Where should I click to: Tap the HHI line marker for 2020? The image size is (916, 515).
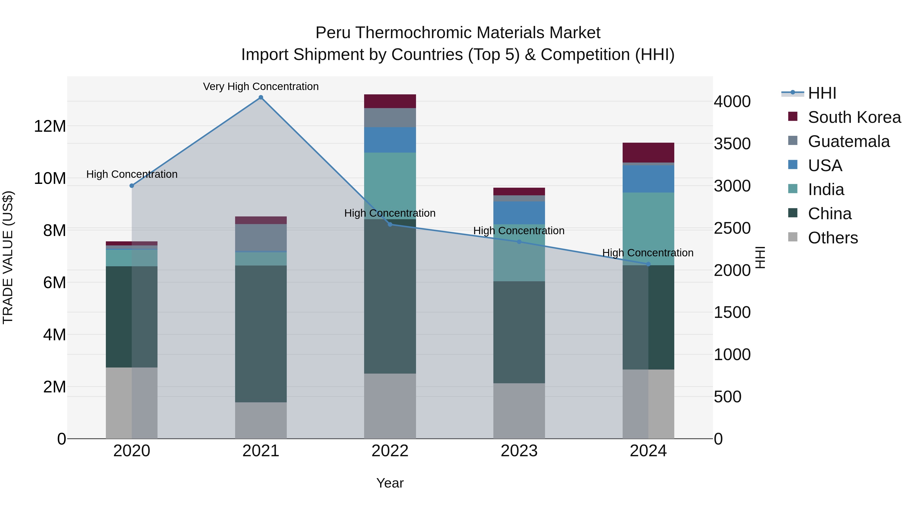tap(132, 186)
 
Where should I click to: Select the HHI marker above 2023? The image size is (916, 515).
tap(519, 242)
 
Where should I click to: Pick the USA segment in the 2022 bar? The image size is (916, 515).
tap(390, 140)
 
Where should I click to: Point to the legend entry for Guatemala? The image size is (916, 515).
tap(848, 141)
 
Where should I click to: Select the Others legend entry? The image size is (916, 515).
tap(833, 238)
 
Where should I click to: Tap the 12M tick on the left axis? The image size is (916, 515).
tap(50, 126)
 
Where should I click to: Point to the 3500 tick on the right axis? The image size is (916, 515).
tap(732, 144)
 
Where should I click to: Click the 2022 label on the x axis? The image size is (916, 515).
tap(390, 451)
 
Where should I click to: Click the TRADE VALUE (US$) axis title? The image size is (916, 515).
tap(8, 257)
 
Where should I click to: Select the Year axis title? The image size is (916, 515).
tap(390, 483)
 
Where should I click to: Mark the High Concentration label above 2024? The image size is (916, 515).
tap(648, 253)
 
